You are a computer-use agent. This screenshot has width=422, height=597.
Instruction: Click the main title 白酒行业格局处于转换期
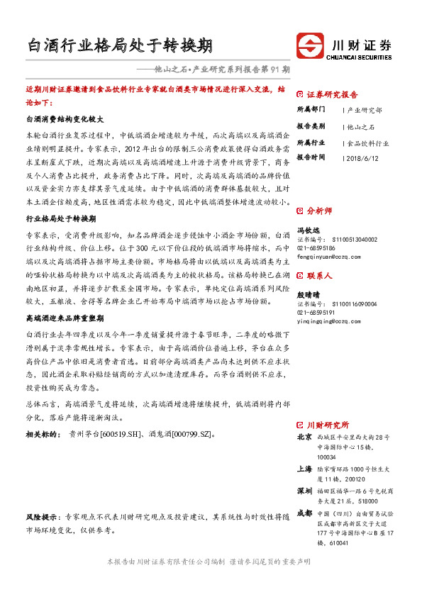120,46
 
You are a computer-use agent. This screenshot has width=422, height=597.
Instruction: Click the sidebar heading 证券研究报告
332,94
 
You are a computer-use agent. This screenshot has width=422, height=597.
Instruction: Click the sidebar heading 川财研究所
327,425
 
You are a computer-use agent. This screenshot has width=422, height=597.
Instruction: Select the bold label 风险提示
43,518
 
